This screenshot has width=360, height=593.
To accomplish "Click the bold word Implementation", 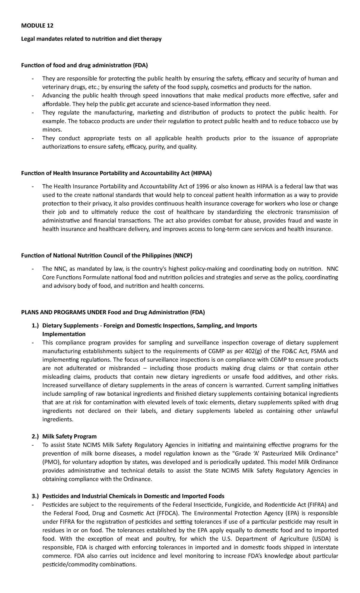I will coord(64,334).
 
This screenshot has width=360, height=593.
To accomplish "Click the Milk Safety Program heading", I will coord(69,436).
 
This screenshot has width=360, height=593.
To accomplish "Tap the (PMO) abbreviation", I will coord(50,462).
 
